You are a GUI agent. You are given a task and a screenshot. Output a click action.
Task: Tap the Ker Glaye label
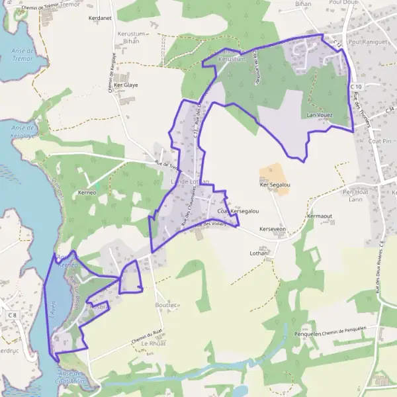(x=126, y=85)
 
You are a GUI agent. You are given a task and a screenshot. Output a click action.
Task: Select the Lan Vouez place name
(x=320, y=115)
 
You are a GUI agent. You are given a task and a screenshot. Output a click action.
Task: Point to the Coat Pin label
(x=380, y=141)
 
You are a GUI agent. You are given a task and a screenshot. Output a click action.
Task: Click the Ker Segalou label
(x=276, y=185)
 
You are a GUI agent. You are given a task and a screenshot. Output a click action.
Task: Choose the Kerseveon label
(x=272, y=229)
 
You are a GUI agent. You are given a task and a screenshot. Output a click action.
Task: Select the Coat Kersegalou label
(x=238, y=211)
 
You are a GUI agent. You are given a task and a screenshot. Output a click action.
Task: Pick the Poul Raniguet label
(x=367, y=42)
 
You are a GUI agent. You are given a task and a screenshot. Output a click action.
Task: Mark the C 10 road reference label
(x=356, y=87)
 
